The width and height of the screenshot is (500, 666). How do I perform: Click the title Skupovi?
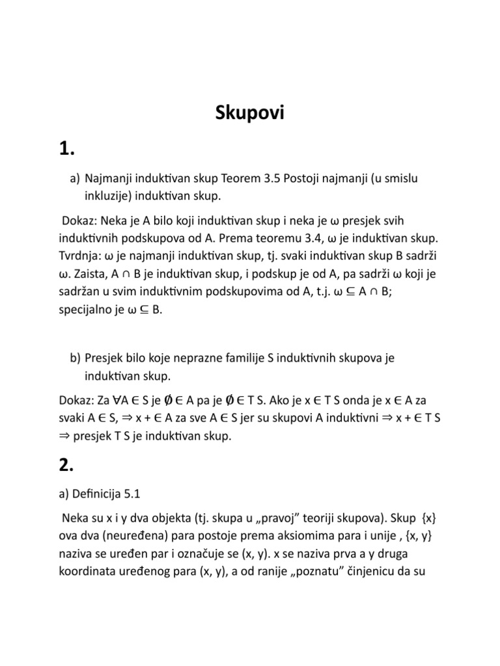click(x=250, y=114)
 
